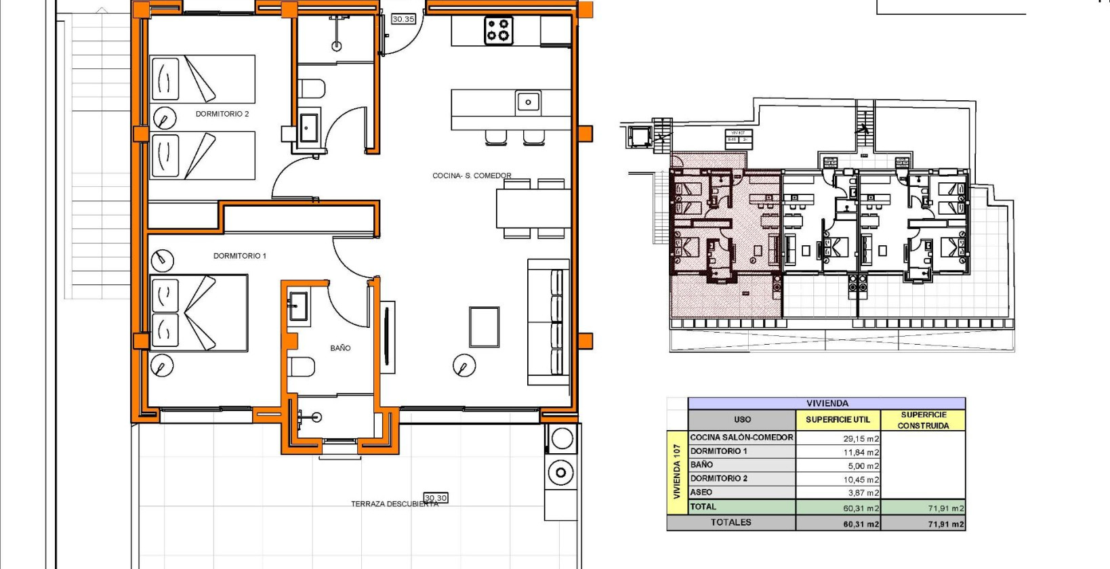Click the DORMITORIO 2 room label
(222, 114)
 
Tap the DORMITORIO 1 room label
(239, 256)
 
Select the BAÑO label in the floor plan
(340, 348)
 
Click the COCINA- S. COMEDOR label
(472, 175)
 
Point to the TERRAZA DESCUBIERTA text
(394, 504)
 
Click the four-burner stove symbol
(498, 30)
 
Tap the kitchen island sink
(528, 102)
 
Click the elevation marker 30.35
(403, 19)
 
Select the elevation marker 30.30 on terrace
(436, 498)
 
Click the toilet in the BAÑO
(302, 368)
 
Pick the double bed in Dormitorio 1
(199, 313)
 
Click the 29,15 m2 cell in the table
(861, 439)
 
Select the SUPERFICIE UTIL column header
(838, 420)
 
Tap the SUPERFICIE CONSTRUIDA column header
(923, 420)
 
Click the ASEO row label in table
(701, 492)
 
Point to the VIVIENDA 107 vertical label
(676, 472)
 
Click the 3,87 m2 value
(863, 493)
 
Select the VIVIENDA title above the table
(827, 403)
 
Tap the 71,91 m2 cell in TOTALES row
(946, 524)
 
